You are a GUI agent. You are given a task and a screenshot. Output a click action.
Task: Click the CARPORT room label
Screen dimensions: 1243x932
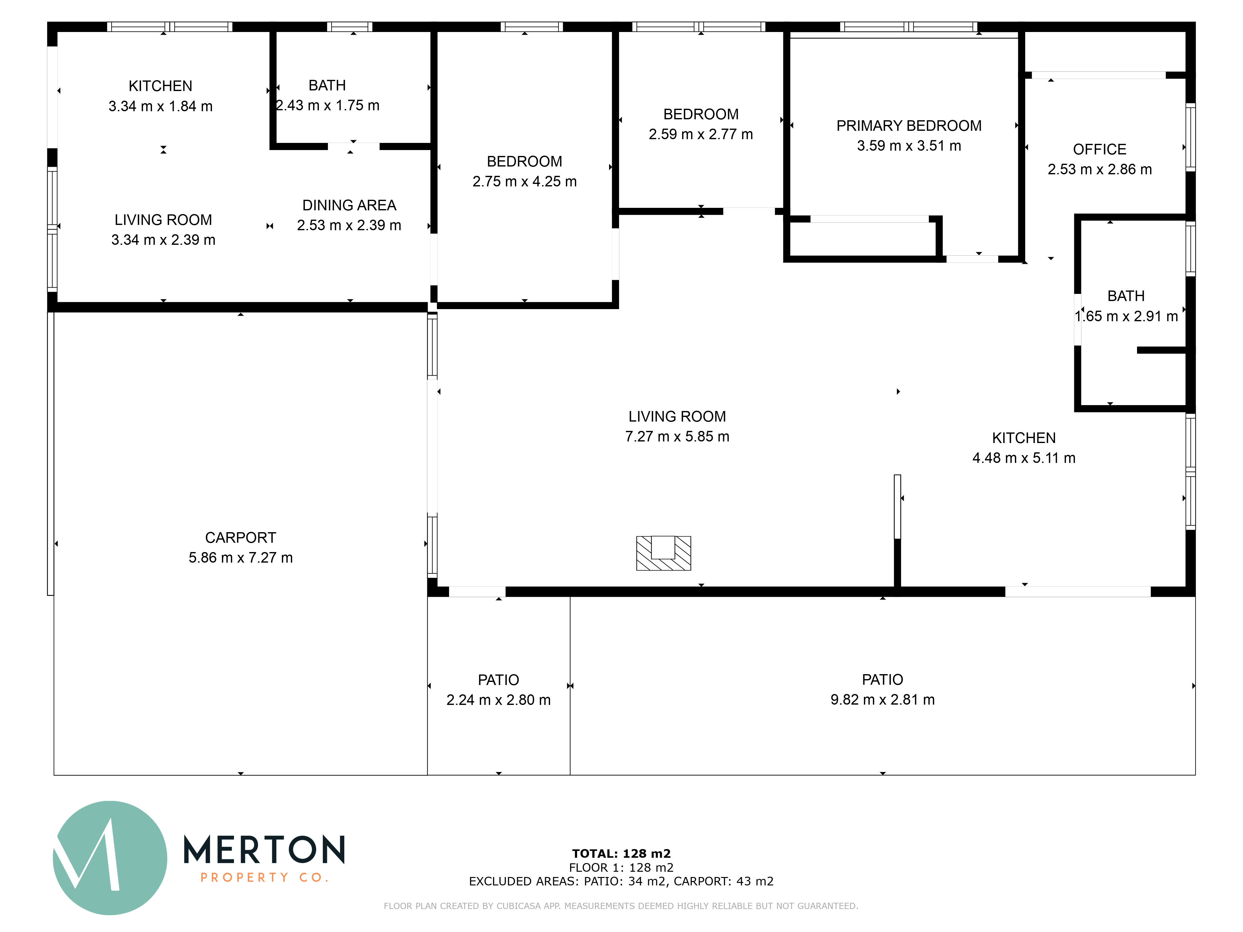coord(241,538)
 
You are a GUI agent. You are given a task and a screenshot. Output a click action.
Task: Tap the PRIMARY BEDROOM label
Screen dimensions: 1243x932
coord(909,126)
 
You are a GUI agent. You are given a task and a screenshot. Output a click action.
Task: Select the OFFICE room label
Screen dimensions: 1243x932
coord(1100,149)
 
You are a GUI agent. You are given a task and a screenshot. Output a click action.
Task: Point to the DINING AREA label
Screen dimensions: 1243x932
coord(349,205)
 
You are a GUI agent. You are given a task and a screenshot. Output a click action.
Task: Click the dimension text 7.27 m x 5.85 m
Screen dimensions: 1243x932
coord(677,436)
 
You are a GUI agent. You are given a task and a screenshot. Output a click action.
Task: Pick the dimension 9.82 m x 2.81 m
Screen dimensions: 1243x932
coord(882,699)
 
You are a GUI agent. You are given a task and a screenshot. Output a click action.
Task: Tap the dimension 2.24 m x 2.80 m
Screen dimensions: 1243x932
coord(498,700)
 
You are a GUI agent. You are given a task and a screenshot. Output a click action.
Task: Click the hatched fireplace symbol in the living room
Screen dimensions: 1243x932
coord(663,553)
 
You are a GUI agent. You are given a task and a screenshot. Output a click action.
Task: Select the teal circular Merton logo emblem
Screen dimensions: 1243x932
coord(110,858)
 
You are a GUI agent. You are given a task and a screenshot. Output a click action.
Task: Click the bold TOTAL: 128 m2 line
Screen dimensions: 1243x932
coord(621,854)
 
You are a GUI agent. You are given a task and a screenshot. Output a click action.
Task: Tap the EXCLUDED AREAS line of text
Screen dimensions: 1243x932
coord(621,881)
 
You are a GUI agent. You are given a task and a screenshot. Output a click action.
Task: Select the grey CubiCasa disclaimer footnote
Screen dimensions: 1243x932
coord(621,906)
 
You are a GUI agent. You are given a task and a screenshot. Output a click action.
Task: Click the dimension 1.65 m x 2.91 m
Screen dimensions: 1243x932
coord(1126,316)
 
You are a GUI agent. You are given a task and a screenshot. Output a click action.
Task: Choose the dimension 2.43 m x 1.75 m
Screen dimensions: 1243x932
coord(328,106)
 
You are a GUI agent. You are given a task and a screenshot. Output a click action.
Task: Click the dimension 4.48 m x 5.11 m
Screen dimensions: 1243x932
coord(1024,458)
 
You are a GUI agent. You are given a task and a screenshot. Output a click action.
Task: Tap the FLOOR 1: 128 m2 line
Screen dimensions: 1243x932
coord(621,868)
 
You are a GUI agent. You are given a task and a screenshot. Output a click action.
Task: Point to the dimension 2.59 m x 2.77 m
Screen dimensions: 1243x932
coord(701,134)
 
